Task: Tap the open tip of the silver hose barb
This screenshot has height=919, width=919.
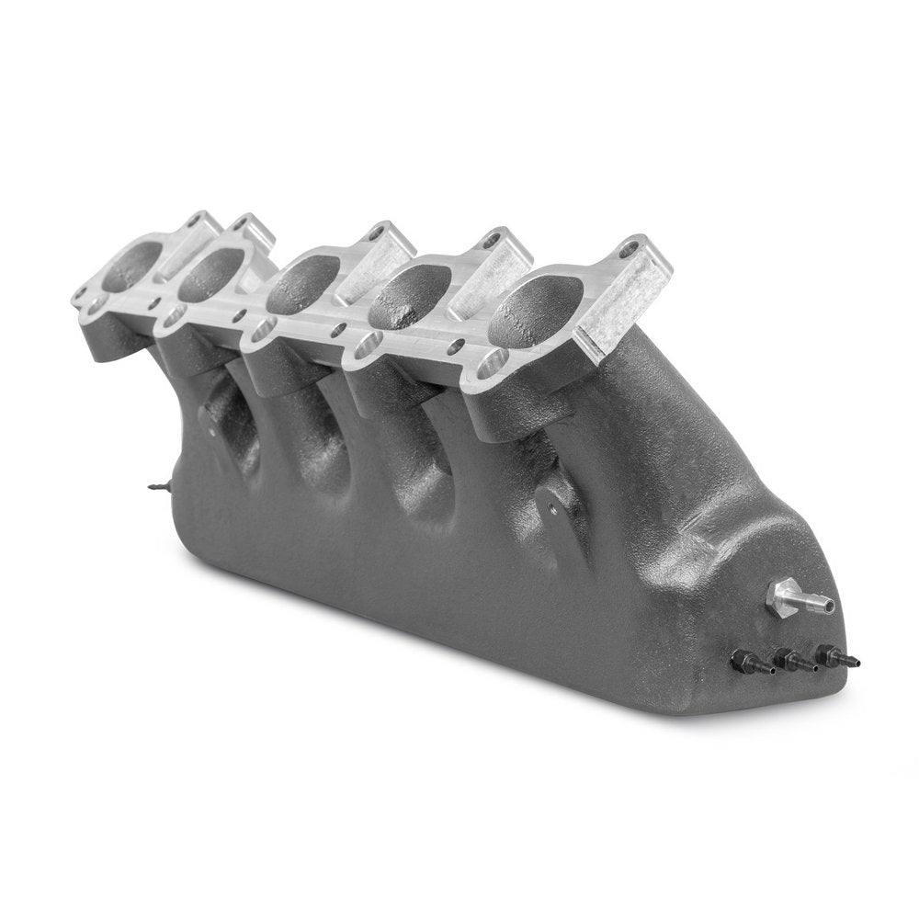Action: pos(829,606)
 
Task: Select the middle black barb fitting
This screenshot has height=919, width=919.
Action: pos(790,660)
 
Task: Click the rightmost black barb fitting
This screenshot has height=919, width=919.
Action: pos(831,658)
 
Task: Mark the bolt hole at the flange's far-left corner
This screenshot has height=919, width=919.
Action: pos(82,297)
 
